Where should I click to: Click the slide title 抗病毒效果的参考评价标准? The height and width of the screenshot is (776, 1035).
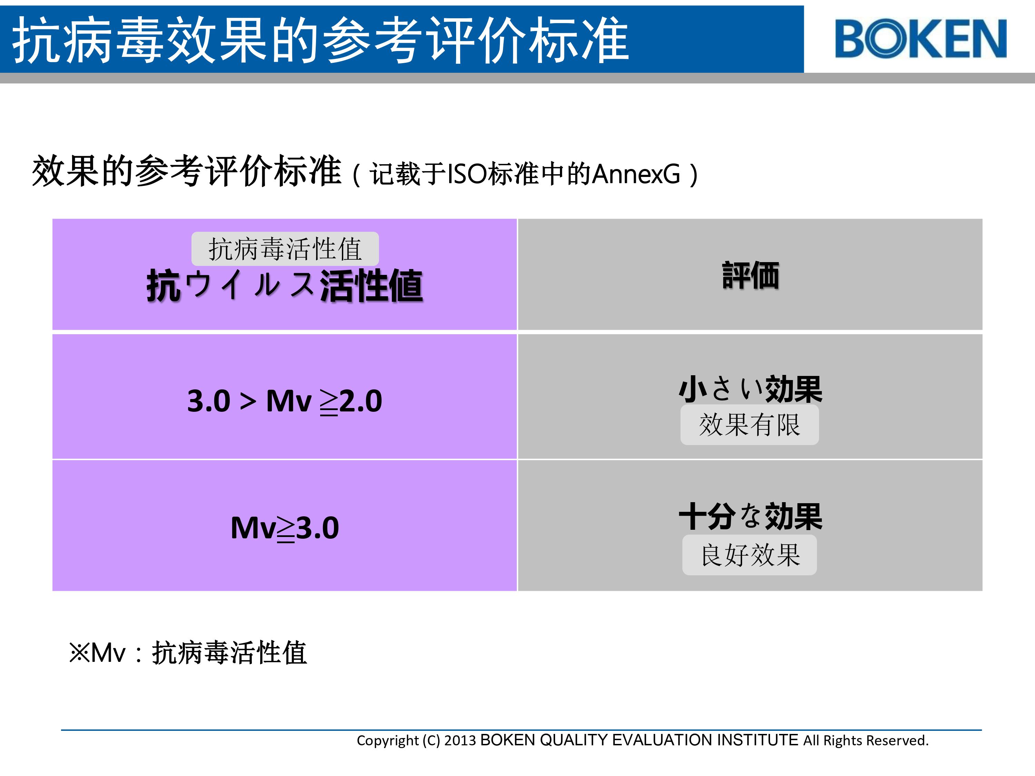pyautogui.click(x=321, y=39)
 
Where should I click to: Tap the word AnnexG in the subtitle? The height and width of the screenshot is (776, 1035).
pyautogui.click(x=636, y=174)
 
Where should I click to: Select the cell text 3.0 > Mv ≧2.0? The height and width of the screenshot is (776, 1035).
pyautogui.click(x=285, y=401)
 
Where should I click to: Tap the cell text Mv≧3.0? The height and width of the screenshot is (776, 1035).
pyautogui.click(x=285, y=528)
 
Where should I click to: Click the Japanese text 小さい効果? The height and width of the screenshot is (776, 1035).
pyautogui.click(x=750, y=389)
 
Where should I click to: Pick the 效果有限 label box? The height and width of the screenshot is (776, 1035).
pyautogui.click(x=750, y=425)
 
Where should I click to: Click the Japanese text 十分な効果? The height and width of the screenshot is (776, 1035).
pyautogui.click(x=750, y=516)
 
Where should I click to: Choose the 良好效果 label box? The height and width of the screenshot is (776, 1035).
pyautogui.click(x=750, y=555)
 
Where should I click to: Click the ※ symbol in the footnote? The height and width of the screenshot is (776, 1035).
pyautogui.click(x=79, y=653)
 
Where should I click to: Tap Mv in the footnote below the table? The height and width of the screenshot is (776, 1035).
pyautogui.click(x=108, y=653)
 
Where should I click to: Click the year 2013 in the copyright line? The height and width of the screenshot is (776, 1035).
pyautogui.click(x=460, y=741)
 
